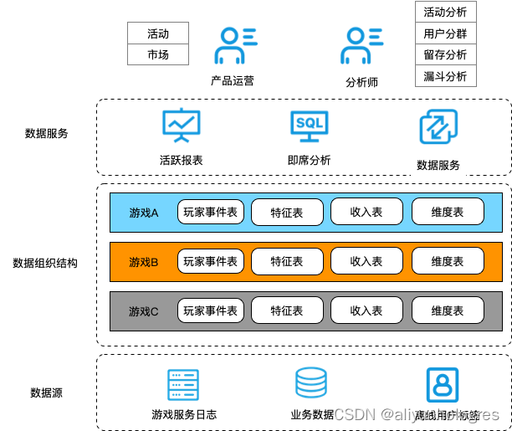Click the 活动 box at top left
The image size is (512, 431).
(158, 34)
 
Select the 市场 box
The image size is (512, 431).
(158, 54)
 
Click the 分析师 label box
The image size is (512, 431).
(362, 83)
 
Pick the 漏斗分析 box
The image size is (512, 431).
(445, 76)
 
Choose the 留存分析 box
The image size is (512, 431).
(445, 55)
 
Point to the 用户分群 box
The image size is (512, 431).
(445, 34)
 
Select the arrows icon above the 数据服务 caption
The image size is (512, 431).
(438, 128)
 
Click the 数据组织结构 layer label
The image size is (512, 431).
(45, 263)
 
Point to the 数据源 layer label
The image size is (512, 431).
(47, 393)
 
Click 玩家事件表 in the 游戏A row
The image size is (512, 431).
(211, 212)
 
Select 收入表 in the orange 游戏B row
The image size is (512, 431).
(366, 262)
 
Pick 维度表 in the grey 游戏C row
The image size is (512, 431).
(448, 310)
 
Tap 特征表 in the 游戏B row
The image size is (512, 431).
(287, 262)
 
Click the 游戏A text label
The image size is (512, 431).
(144, 213)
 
